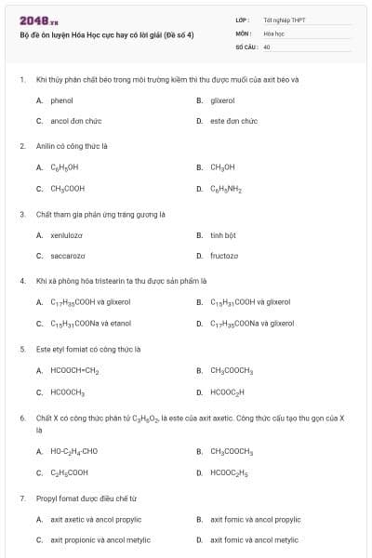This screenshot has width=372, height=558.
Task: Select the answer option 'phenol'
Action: point(61,100)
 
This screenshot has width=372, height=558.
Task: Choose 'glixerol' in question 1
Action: point(222,100)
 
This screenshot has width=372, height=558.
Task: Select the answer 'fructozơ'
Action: point(224,256)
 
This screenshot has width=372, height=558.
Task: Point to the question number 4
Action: point(22,281)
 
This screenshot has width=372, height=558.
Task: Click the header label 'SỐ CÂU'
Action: point(246,46)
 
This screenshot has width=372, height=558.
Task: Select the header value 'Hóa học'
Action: point(272,33)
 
